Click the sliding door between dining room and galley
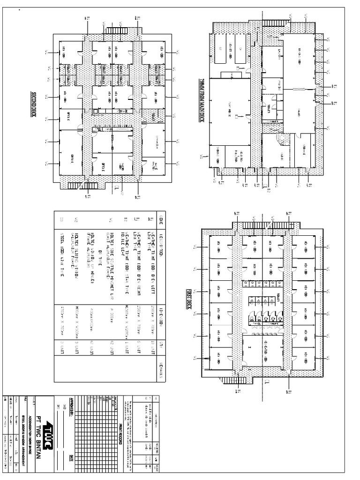pyautogui.click(x=299, y=89)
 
